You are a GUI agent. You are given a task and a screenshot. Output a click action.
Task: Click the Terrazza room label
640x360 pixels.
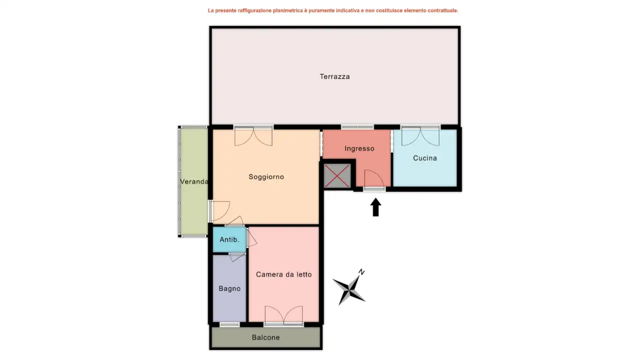point(335,76)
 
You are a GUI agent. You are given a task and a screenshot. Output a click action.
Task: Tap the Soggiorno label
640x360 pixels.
point(266,176)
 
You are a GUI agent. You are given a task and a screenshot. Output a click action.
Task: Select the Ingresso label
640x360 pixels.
point(359,148)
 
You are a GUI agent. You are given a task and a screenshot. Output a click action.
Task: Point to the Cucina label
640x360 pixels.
point(425,158)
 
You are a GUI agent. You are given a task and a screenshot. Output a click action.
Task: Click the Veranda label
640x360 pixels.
point(194,181)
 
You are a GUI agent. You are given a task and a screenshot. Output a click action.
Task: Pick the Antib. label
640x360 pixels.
point(229,239)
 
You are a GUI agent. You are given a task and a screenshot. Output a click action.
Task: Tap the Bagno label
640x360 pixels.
point(229,288)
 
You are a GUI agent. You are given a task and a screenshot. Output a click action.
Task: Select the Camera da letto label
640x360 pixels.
point(284,274)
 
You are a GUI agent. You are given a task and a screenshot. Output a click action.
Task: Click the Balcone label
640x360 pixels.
point(266,337)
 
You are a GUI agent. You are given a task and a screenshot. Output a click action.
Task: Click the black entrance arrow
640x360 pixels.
point(376,207)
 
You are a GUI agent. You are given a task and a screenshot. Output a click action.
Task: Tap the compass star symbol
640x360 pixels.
point(349,290)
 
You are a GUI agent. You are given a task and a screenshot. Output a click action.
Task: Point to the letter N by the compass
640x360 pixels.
point(361,272)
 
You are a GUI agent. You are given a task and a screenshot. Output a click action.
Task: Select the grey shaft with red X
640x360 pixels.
point(337,176)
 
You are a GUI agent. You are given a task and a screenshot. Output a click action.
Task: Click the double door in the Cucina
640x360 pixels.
point(420,136)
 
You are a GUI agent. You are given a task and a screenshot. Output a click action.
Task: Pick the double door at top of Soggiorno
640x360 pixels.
point(253,136)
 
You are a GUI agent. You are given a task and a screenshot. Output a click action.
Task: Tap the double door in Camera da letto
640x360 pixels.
point(284,315)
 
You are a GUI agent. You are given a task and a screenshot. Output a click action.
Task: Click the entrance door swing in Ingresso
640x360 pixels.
point(374,179)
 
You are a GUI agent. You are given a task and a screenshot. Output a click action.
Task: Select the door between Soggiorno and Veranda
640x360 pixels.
point(220,211)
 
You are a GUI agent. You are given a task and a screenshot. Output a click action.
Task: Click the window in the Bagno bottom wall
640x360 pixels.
point(229,324)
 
